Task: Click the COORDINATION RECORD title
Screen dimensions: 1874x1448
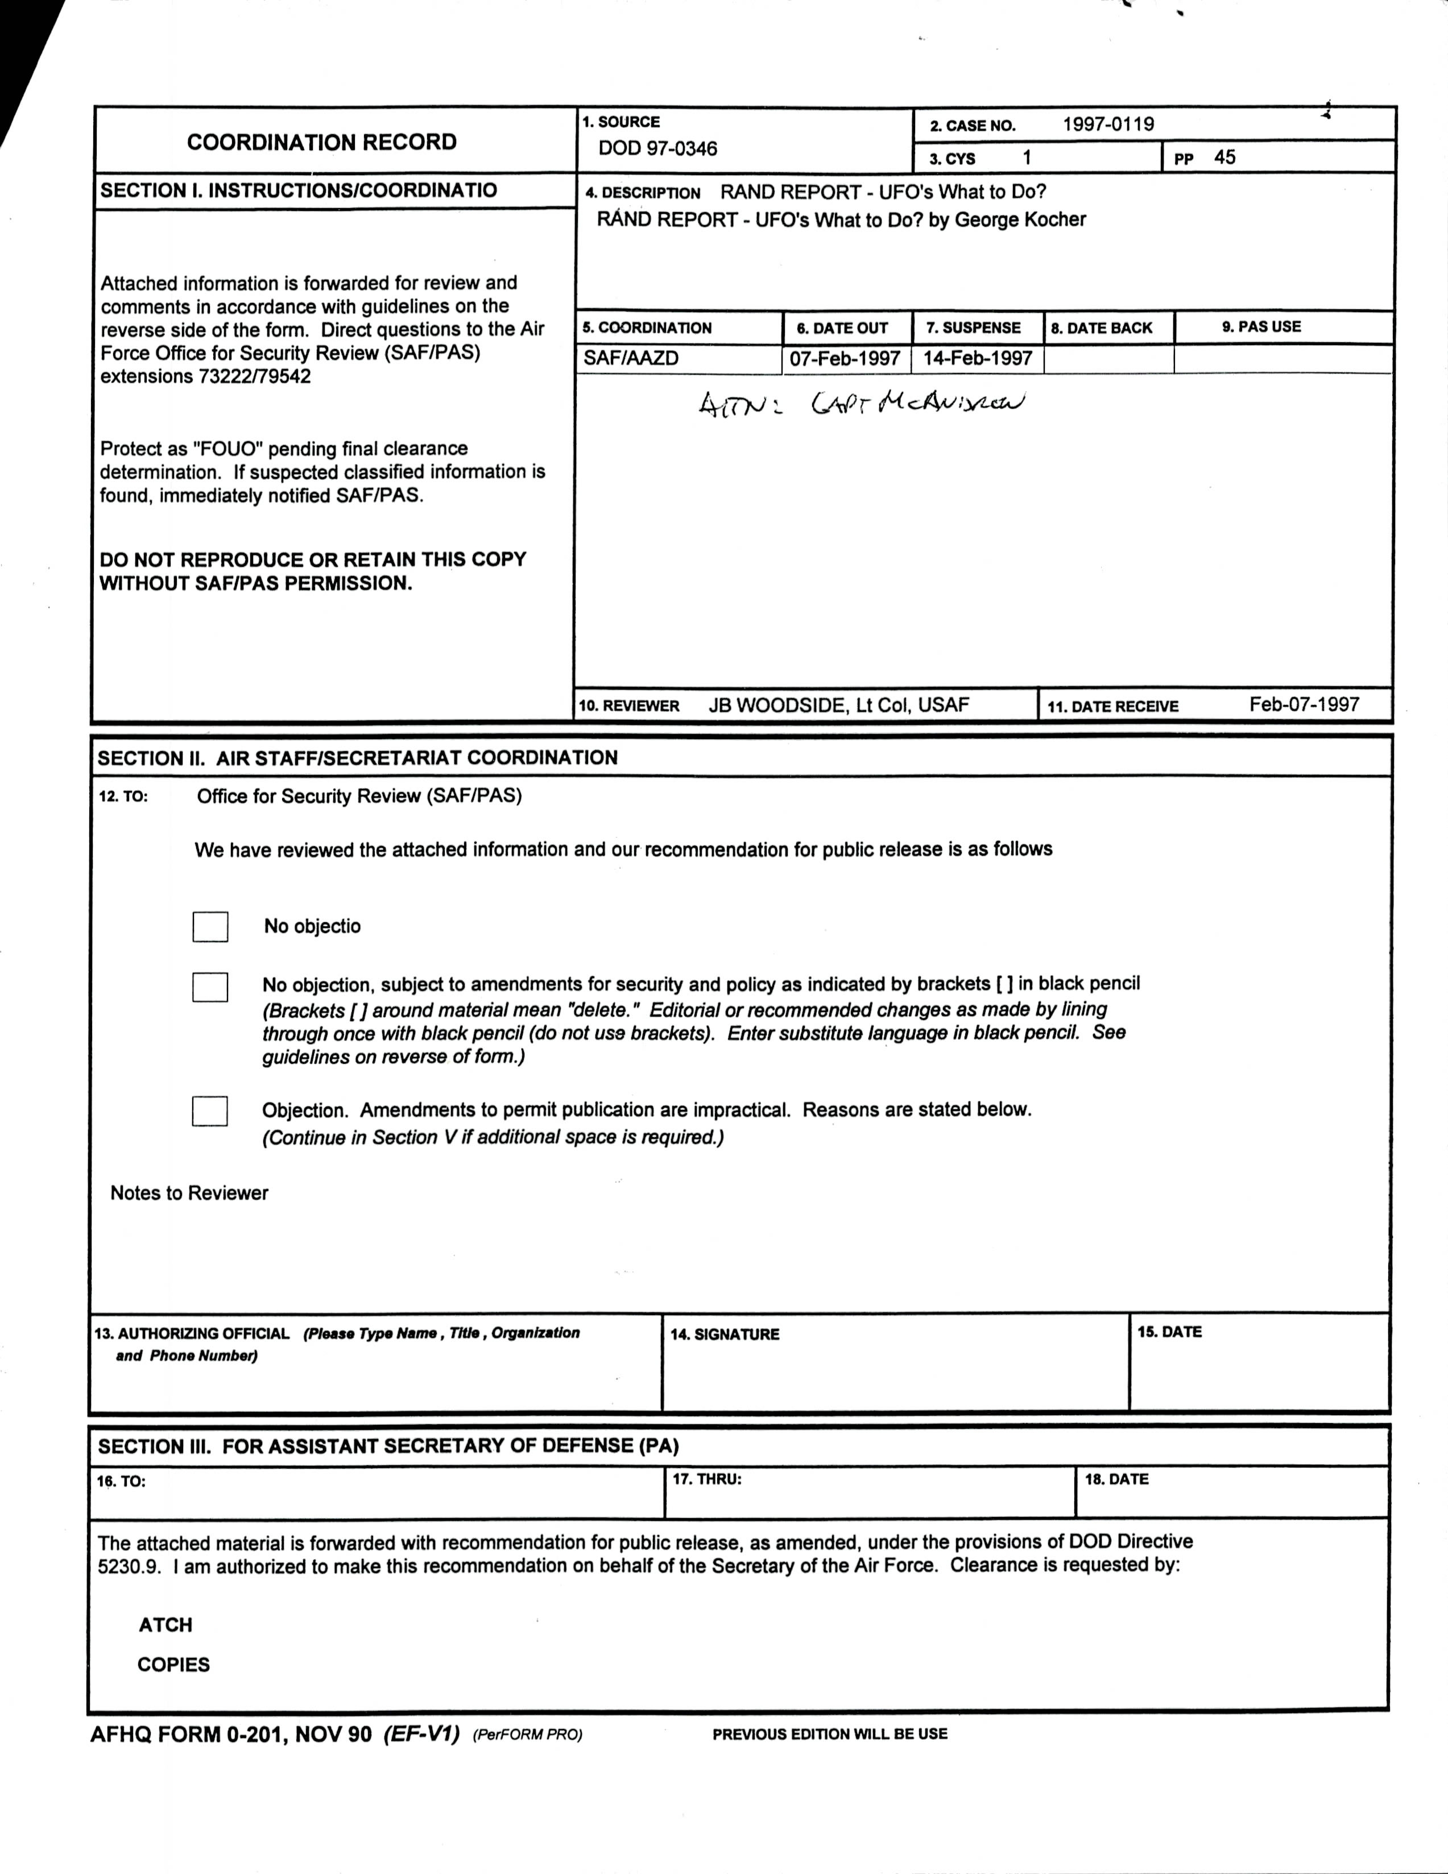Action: click(322, 143)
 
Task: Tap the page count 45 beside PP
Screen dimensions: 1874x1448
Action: click(1225, 157)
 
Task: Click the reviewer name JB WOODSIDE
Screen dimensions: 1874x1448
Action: click(776, 706)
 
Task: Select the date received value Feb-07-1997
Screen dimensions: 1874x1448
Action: click(1304, 704)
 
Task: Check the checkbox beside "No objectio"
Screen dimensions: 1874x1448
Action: click(210, 927)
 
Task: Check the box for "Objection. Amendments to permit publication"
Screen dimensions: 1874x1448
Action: click(210, 1111)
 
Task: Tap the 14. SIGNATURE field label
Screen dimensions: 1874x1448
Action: click(725, 1334)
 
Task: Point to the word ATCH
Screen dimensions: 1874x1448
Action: click(166, 1625)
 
